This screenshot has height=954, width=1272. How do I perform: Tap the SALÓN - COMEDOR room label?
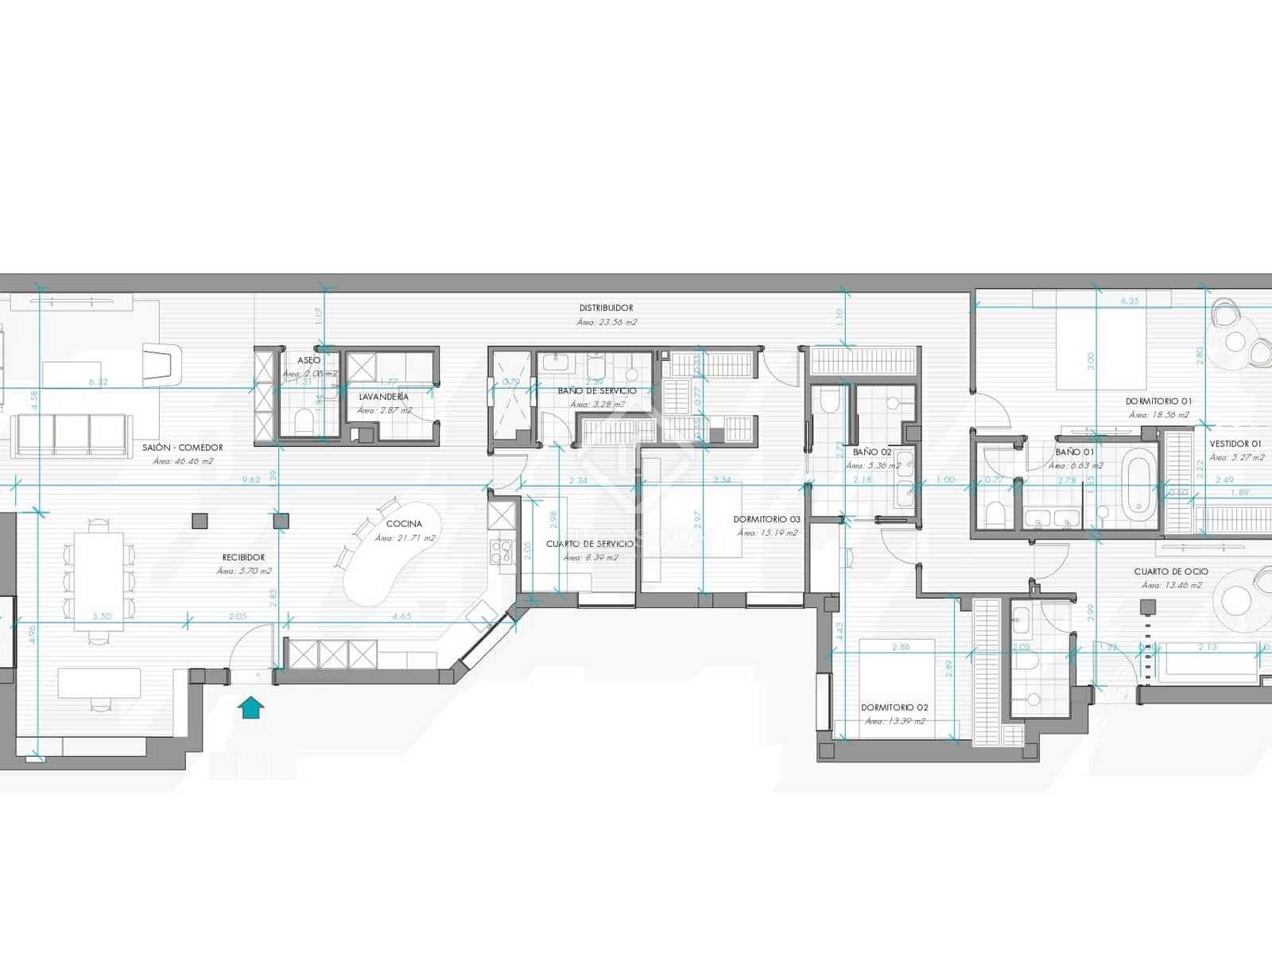183,448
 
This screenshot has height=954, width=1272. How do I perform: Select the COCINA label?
404,524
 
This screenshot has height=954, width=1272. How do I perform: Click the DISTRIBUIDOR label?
606,308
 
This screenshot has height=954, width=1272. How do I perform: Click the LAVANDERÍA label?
384,396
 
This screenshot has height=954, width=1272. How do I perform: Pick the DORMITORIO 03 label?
766,519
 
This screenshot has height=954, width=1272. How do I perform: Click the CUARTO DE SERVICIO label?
589,544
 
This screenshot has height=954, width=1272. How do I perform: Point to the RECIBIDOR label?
244,557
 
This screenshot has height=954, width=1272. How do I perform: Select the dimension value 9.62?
251,479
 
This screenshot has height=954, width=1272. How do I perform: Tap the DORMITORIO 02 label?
894,707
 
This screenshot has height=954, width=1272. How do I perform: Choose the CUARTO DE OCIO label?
1171,571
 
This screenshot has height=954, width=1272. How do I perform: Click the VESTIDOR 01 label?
1235,444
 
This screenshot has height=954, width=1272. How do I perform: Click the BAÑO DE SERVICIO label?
597,390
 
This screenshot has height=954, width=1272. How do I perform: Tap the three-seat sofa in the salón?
72,436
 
